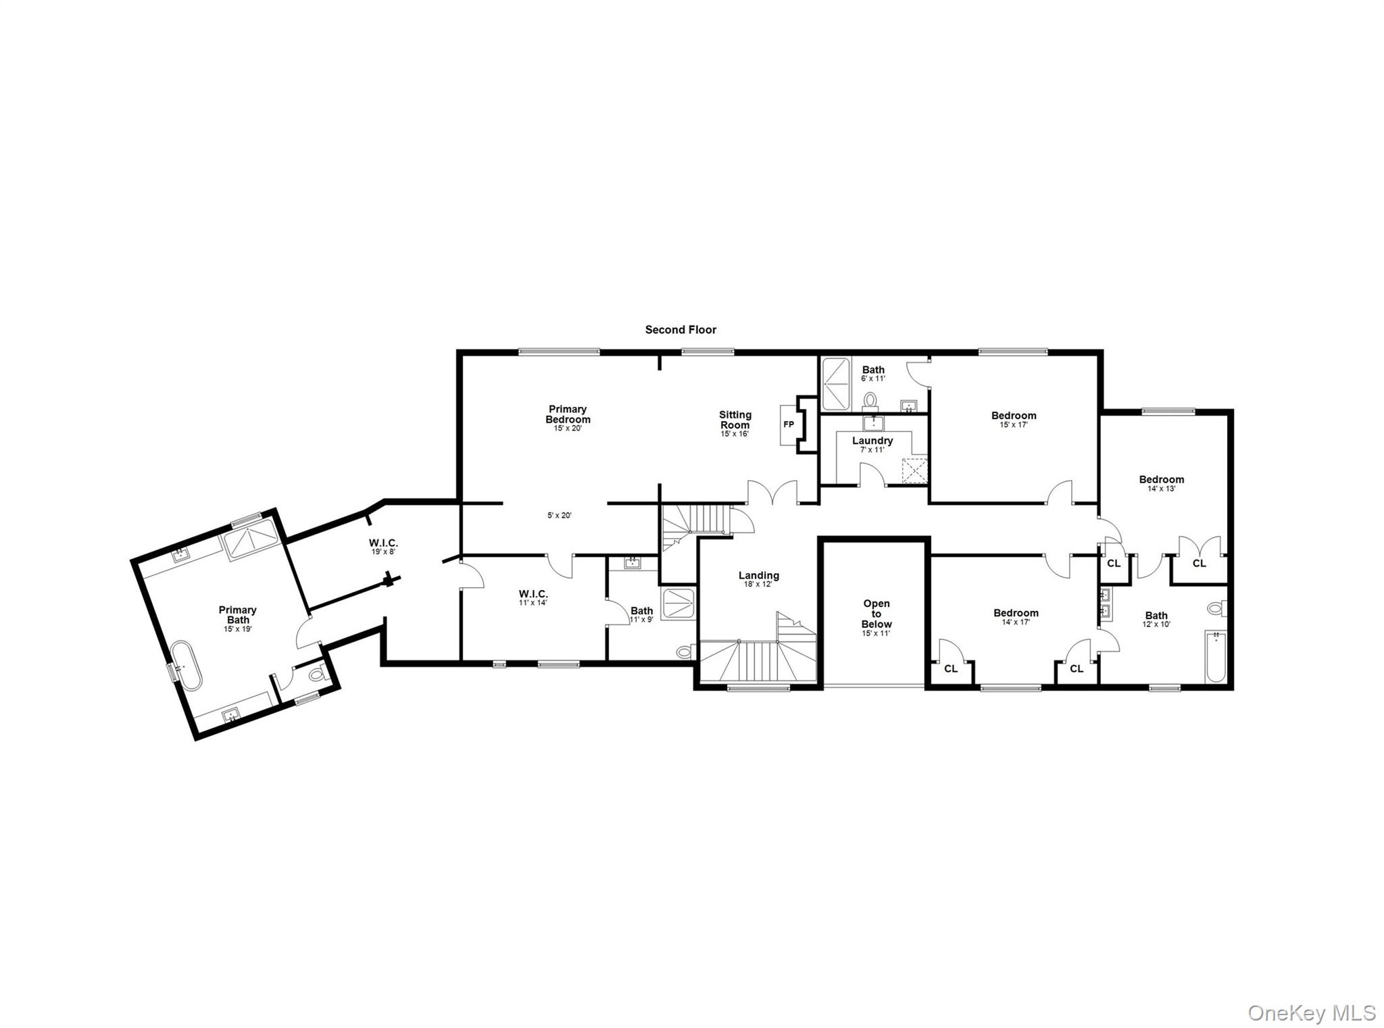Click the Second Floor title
681,330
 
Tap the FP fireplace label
788,425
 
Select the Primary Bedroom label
568,414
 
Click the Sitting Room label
735,420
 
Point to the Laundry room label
872,441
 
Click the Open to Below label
876,614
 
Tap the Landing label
758,576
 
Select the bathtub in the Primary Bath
185,665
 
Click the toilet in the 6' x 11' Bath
871,400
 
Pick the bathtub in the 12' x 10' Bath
1216,656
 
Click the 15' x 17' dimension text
1014,425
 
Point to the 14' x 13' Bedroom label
1161,480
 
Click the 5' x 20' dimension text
560,516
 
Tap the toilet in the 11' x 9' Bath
686,652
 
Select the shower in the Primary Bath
251,539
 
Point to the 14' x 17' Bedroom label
1015,614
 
